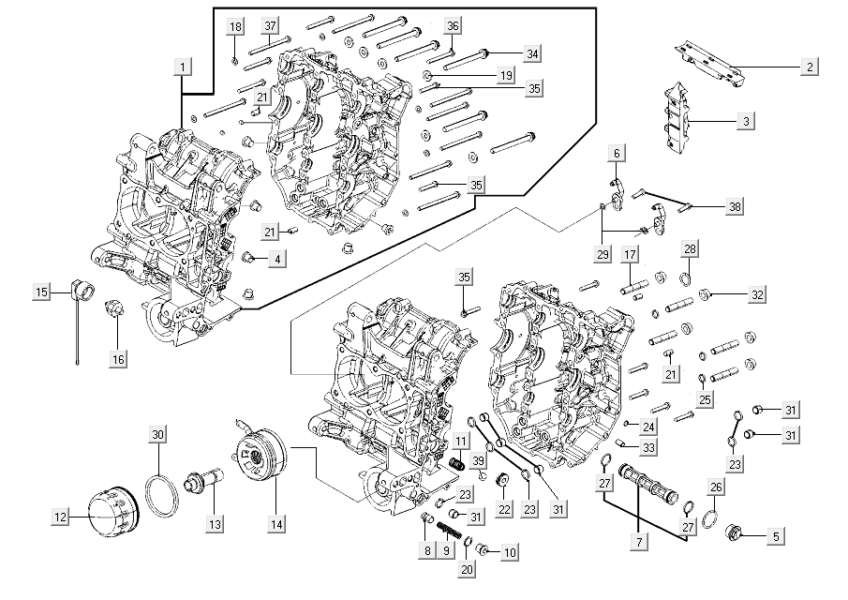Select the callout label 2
point(809,67)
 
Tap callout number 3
point(746,121)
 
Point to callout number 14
point(275,525)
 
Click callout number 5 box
point(775,537)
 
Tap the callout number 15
point(41,293)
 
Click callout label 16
point(117,358)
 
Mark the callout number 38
point(734,207)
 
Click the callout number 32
point(757,294)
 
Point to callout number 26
point(715,487)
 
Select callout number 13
point(216,524)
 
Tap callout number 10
point(509,552)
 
